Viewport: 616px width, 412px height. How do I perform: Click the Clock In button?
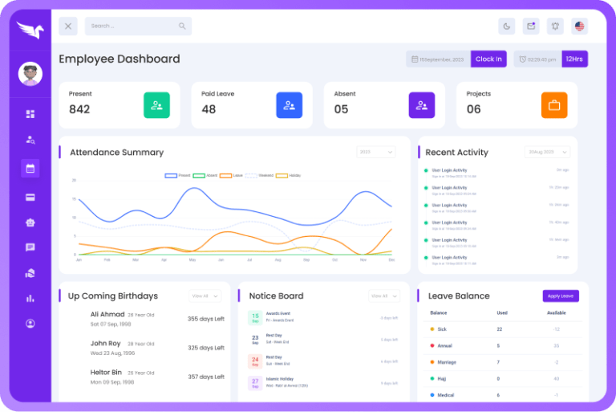click(488, 59)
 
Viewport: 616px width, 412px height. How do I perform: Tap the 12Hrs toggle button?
click(574, 59)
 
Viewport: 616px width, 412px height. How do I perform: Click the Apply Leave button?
click(561, 296)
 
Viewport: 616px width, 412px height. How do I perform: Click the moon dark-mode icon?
click(506, 27)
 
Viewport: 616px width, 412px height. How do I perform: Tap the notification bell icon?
click(554, 27)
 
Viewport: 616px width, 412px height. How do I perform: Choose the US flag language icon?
click(579, 27)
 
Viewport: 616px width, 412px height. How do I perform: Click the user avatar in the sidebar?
click(30, 74)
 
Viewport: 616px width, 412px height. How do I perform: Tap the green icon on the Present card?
click(156, 105)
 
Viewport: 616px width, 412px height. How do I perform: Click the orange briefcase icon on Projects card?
click(553, 105)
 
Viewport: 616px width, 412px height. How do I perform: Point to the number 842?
click(79, 109)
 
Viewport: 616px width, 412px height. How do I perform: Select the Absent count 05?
click(341, 109)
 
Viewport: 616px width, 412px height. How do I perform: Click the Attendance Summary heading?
click(116, 153)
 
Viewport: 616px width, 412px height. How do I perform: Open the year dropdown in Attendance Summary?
click(375, 152)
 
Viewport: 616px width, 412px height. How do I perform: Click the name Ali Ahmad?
click(107, 315)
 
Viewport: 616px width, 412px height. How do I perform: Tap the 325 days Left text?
click(205, 348)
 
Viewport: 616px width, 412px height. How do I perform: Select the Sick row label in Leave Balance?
click(442, 329)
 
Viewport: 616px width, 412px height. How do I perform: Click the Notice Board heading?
click(276, 296)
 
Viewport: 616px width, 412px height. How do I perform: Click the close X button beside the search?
click(68, 27)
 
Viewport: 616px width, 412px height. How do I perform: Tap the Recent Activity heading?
click(456, 153)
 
